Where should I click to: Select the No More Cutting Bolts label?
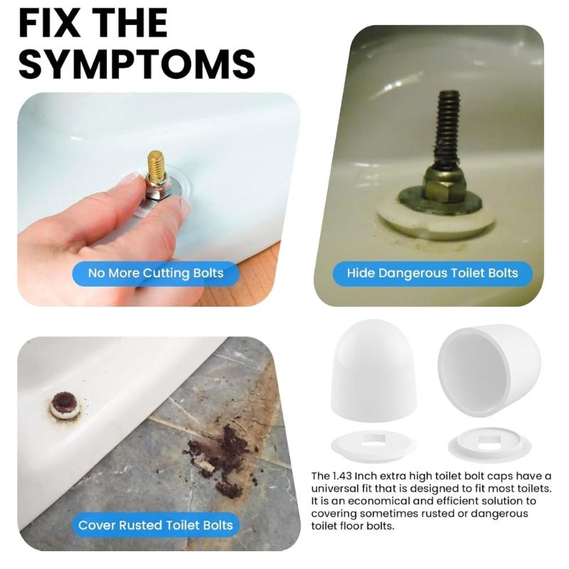pos(156,273)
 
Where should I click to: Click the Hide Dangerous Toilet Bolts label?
pos(432,273)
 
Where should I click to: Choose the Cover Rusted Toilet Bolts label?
pos(156,526)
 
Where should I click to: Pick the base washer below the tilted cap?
pos(489,444)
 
